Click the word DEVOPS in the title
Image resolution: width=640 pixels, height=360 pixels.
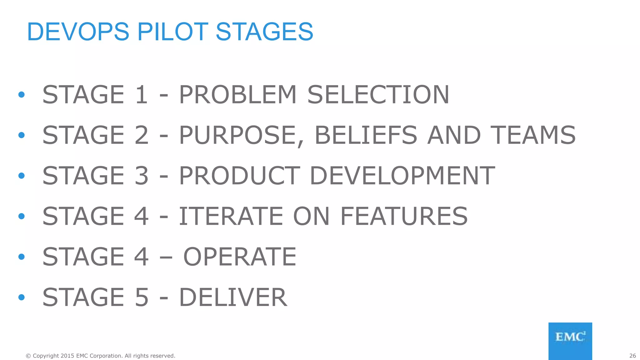[78, 32]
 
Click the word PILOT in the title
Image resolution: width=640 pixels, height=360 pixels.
[173, 32]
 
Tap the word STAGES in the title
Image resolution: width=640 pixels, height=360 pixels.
[264, 32]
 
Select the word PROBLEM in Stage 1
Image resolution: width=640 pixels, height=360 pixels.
[237, 94]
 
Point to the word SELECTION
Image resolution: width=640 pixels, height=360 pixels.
[378, 94]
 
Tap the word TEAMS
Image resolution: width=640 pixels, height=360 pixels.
[533, 135]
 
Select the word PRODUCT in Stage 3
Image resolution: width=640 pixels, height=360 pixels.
[239, 176]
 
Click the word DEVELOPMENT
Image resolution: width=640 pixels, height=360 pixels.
[402, 176]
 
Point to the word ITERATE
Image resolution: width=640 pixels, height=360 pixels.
[231, 216]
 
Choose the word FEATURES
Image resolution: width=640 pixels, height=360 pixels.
[404, 216]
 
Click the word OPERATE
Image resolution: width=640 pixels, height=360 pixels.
[240, 257]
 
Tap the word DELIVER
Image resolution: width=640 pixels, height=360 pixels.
[233, 297]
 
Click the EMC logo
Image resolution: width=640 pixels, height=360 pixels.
[570, 341]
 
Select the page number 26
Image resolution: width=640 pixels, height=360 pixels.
[632, 356]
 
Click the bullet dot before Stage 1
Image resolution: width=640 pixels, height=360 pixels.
[21, 94]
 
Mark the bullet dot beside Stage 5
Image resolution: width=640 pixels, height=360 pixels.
[21, 297]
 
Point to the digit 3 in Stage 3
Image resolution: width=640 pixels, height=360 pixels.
[141, 176]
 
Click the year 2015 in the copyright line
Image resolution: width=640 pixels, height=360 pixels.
[67, 356]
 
